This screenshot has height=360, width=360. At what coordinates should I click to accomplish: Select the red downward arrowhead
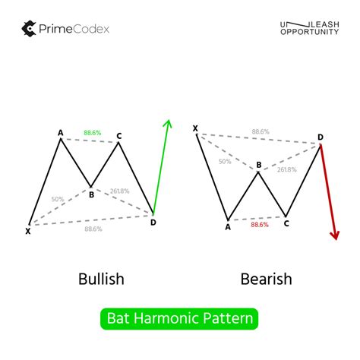point(334,234)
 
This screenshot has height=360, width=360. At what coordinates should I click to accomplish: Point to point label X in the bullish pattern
point(29,230)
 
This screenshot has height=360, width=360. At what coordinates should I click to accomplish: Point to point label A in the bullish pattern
point(60,132)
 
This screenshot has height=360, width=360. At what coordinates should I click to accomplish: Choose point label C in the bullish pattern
point(119,137)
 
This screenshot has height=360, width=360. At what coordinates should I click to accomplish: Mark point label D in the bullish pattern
point(153,222)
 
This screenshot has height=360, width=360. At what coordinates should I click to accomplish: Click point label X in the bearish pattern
point(195,129)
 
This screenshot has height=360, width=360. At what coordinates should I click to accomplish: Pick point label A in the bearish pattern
point(228,226)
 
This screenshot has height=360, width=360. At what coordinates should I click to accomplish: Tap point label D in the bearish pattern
point(320,137)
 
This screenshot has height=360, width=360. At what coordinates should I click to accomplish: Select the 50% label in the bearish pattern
point(226,161)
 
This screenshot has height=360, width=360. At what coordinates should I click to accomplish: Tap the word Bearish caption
point(266,279)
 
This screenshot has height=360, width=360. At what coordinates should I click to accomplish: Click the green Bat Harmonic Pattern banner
point(180,318)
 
